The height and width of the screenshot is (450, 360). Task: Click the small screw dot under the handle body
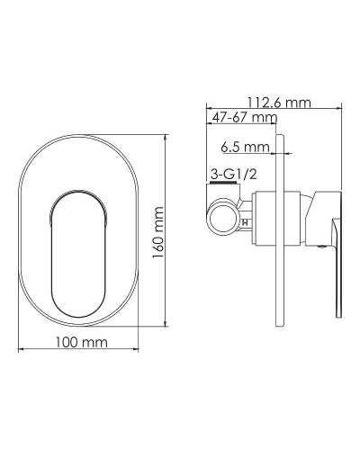pos(319,243)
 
